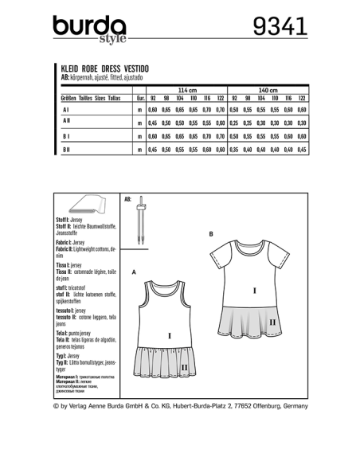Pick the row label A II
[x=65, y=123]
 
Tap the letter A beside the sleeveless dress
[x=134, y=272]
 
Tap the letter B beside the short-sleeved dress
[x=209, y=234]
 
